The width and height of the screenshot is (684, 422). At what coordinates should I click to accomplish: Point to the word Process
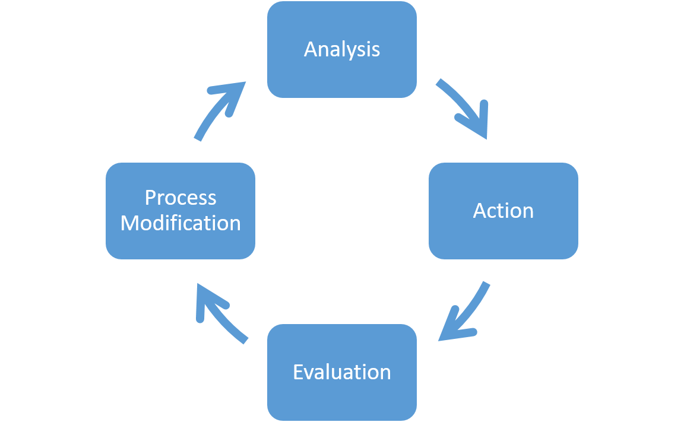pos(180,198)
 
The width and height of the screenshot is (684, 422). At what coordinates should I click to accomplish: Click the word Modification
pos(180,223)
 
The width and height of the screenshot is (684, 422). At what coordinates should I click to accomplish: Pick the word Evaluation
pos(342,372)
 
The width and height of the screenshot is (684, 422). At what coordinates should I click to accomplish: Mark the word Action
pos(503,211)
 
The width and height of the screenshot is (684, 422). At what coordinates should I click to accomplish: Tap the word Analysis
pos(342,49)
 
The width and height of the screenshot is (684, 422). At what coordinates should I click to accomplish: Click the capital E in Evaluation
pos(299,372)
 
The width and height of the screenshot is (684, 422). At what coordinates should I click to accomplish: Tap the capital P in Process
pos(151,198)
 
